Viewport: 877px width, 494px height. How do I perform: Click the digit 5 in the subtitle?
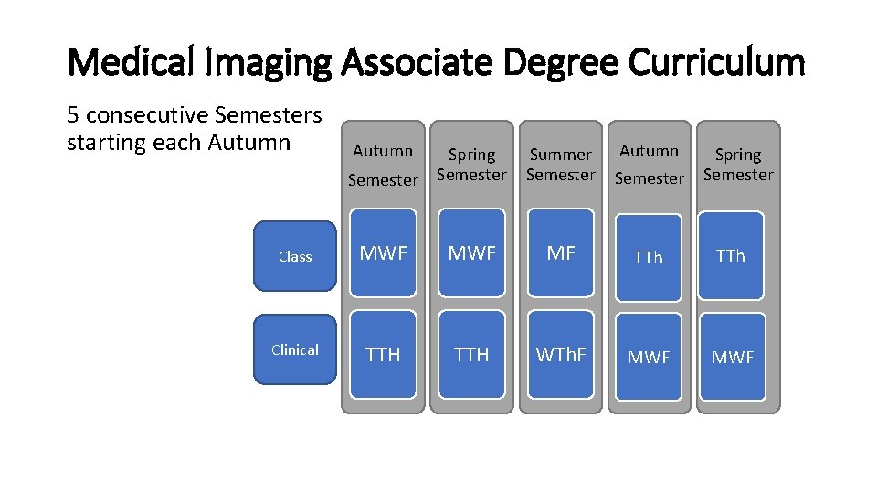coord(73,116)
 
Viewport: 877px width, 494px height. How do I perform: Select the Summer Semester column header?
coord(561,165)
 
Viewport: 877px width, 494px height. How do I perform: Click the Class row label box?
coord(295,256)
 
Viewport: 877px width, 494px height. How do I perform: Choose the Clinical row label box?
coord(295,349)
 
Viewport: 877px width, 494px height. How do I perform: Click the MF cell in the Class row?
coord(561,254)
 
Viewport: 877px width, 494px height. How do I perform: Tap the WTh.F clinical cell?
coord(561,354)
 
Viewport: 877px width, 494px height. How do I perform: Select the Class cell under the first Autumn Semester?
coord(383,254)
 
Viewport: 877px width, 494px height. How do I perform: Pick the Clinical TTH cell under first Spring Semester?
coord(471,354)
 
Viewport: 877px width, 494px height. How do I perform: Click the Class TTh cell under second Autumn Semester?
coord(649,258)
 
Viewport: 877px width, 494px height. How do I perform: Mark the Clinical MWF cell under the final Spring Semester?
coord(733,357)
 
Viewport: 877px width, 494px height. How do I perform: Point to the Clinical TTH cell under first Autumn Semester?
coord(383,354)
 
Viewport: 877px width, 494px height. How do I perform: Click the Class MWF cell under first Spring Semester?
coord(471,254)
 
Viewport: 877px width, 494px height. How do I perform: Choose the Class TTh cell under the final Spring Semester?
coord(731,256)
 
